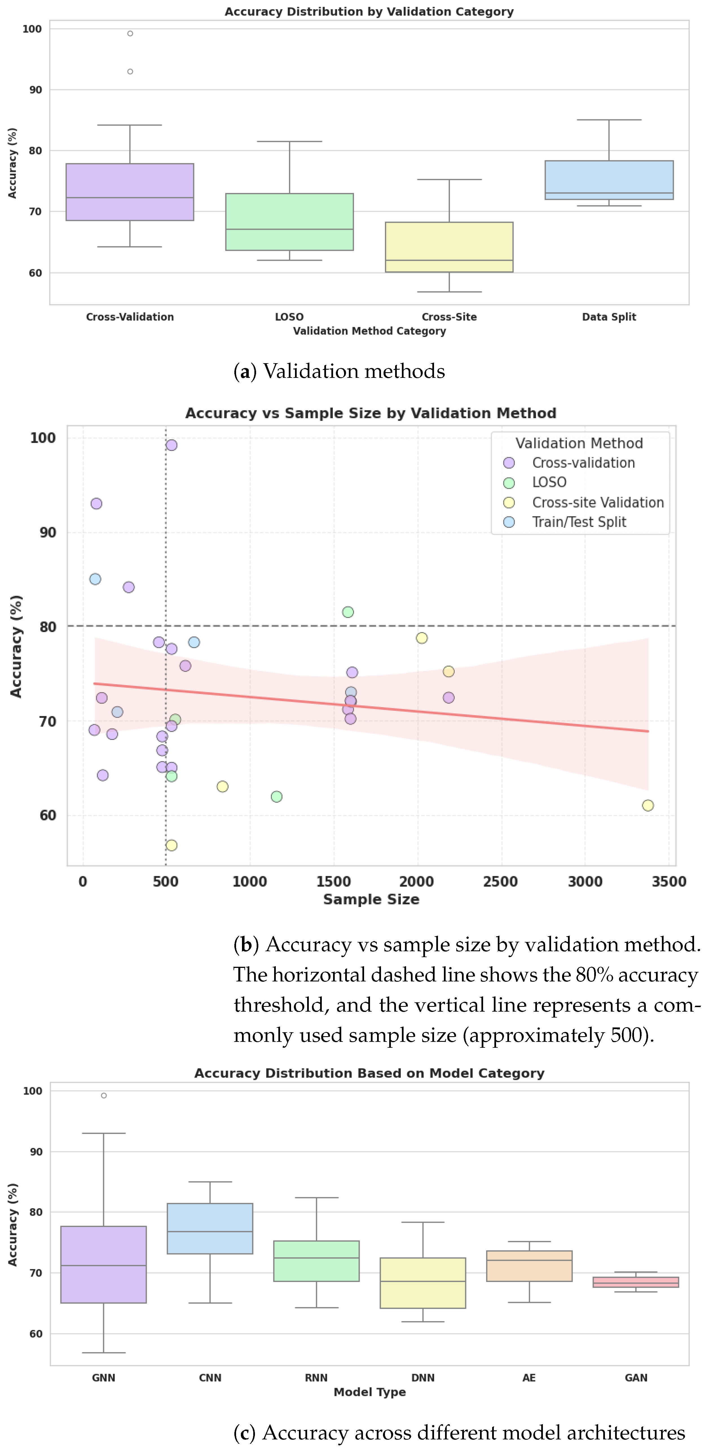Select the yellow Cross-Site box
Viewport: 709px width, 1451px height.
[449, 247]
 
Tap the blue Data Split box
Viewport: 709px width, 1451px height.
[609, 180]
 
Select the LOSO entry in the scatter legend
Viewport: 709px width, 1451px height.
[549, 483]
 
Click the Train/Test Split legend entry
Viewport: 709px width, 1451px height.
[579, 522]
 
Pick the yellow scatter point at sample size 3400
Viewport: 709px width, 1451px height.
[648, 805]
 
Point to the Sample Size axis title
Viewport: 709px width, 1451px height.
[371, 900]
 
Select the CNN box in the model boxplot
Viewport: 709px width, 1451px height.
[210, 1229]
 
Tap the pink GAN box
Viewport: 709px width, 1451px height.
[636, 1282]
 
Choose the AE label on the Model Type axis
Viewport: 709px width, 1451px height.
[529, 1378]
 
